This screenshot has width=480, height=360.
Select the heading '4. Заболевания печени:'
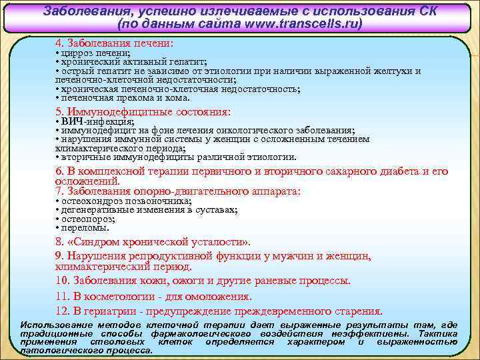click(114, 43)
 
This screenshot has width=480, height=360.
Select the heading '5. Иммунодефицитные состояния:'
click(143, 111)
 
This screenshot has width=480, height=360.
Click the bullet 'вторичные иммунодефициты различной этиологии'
click(177, 157)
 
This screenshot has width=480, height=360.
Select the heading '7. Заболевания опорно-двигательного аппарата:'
click(177, 191)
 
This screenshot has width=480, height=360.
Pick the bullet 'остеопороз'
click(87, 219)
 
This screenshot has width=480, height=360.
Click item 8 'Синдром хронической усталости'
click(153, 241)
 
